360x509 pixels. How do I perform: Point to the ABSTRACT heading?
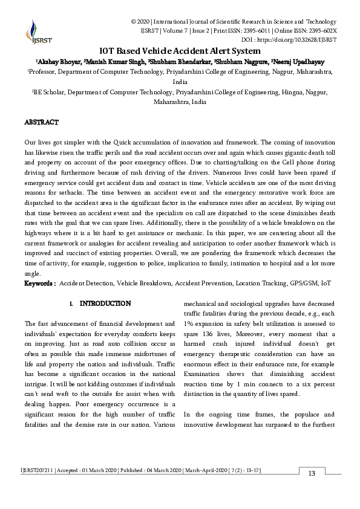click(42, 122)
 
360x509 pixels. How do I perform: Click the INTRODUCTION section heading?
click(105, 303)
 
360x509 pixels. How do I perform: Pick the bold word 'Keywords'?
click(39, 283)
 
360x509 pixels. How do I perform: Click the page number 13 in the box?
click(312, 473)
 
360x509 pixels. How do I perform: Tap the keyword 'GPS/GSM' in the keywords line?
click(304, 283)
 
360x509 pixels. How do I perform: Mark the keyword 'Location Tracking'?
click(257, 283)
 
